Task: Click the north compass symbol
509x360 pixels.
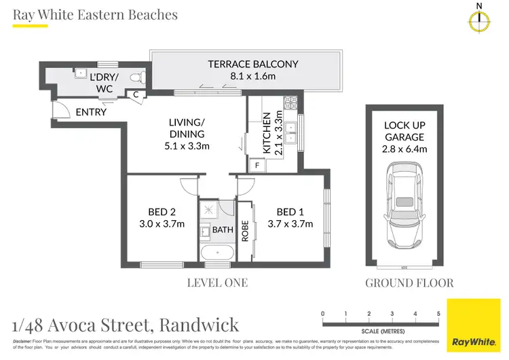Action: pos(479,22)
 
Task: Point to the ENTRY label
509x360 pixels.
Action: pos(91,112)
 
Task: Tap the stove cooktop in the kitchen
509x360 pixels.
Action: pos(291,104)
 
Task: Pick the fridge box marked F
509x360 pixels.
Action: pos(257,164)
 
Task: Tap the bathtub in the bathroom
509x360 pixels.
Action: pos(217,253)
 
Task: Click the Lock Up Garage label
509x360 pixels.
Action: pos(404,137)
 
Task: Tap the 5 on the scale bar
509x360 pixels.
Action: pos(439,313)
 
